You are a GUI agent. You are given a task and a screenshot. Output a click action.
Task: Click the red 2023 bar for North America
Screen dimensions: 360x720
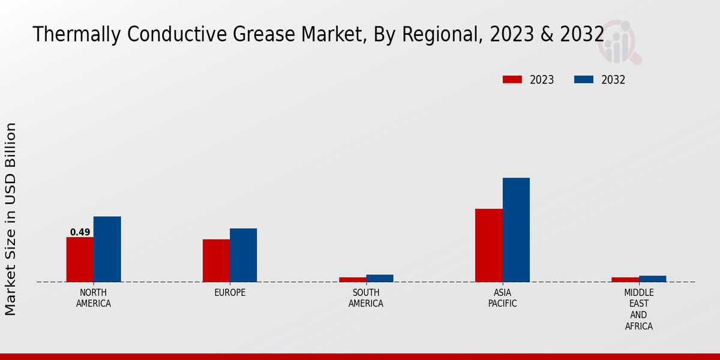pos(80,259)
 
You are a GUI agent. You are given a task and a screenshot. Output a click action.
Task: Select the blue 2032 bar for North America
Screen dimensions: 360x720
pos(107,249)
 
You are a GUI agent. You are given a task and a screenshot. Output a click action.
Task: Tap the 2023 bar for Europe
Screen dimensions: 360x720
pos(216,260)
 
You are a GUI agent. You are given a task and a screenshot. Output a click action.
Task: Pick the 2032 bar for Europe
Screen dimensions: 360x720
pos(243,255)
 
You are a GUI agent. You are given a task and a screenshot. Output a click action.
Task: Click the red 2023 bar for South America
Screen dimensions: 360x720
pos(352,280)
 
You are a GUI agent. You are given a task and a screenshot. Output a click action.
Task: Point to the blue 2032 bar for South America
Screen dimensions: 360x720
pos(380,278)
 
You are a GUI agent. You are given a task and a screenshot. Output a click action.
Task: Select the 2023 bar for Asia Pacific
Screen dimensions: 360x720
pos(488,245)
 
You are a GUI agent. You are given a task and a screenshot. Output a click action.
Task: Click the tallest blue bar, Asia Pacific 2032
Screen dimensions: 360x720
pos(516,230)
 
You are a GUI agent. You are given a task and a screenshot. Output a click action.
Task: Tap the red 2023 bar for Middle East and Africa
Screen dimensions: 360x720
pos(625,280)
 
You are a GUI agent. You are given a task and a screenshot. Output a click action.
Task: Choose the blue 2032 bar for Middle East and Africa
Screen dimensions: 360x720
pos(652,279)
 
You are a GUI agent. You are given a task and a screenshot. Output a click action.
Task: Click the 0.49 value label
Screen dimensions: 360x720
pos(80,232)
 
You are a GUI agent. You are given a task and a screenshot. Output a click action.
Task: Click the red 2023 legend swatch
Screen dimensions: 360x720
pos(512,80)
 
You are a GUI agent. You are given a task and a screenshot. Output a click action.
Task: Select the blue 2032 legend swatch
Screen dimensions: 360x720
pos(584,80)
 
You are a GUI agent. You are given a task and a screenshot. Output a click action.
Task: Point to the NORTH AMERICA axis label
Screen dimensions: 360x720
pos(94,298)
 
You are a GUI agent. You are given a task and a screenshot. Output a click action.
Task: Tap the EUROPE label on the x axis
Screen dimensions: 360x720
pos(230,293)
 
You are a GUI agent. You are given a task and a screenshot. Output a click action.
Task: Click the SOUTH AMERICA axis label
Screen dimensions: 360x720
pos(366,298)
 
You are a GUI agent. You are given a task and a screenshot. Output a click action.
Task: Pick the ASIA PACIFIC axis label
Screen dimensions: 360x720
pos(502,298)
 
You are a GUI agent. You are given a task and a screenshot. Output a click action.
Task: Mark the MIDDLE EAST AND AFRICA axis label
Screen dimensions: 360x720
pos(638,310)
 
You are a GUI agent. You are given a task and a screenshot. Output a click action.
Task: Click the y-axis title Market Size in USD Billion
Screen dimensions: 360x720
pos(11,219)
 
